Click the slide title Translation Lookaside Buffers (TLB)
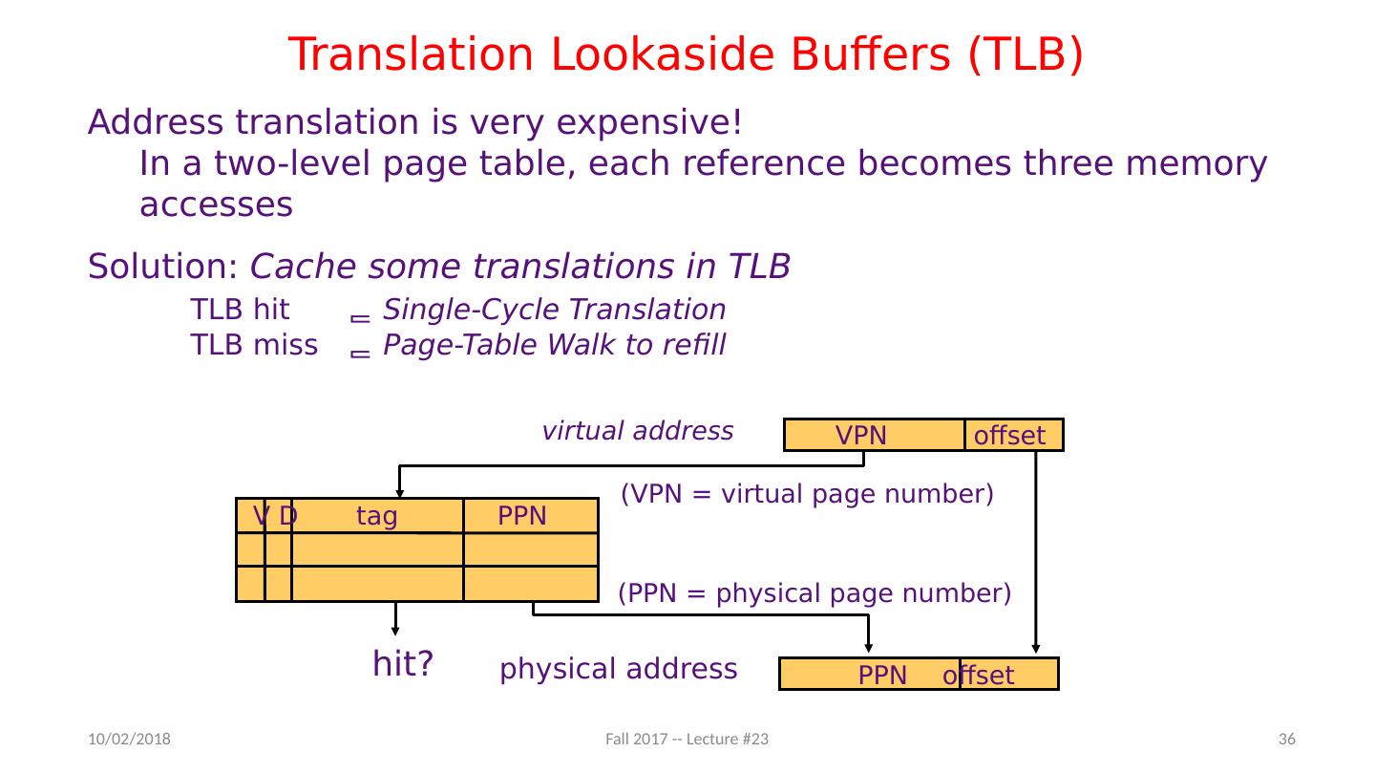686,54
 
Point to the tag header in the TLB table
376,517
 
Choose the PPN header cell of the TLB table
523,517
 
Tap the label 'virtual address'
637,431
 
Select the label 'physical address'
618,669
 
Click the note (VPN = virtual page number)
807,494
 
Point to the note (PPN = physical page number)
814,594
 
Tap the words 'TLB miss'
254,345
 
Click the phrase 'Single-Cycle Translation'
554,311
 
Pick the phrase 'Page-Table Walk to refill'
554,345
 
